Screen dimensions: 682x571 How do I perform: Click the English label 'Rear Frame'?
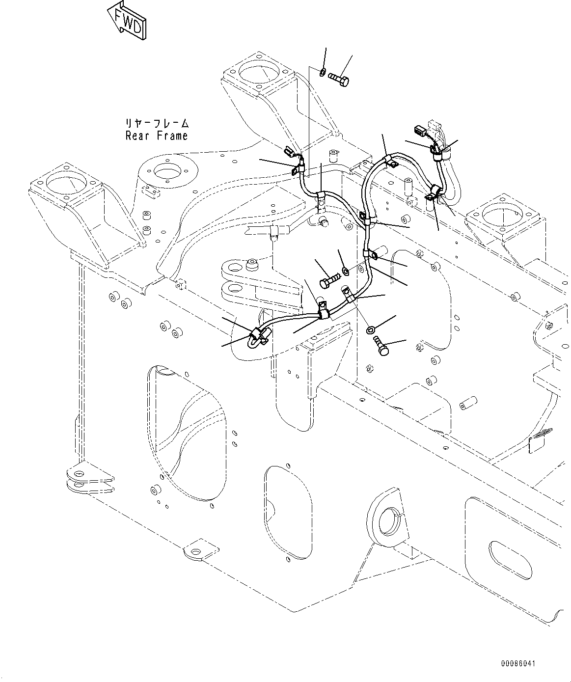point(157,136)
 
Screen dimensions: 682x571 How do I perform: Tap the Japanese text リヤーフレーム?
point(157,123)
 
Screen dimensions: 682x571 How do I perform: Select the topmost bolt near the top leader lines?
point(339,79)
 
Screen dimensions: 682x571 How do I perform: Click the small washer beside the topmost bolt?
point(322,73)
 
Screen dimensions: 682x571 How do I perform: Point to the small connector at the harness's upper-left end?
point(290,152)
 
